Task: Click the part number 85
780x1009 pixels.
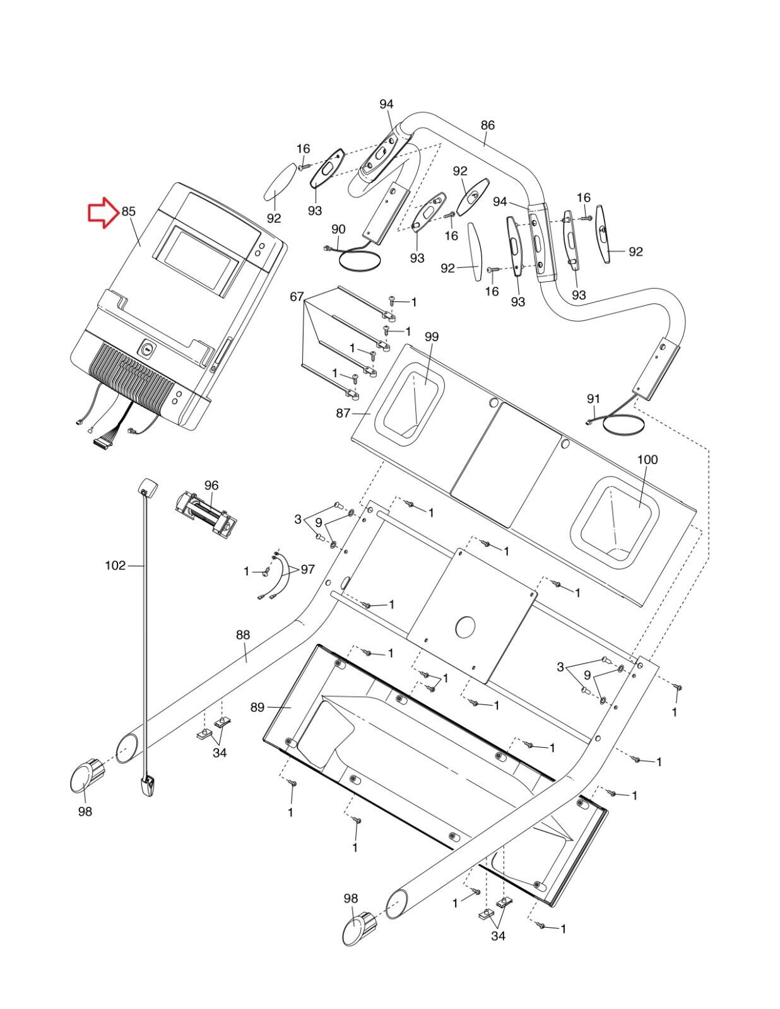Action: click(x=129, y=212)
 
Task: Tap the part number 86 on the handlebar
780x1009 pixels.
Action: click(x=487, y=125)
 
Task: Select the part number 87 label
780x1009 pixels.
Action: click(x=343, y=412)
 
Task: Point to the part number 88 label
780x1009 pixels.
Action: click(x=243, y=635)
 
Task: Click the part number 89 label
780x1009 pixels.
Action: click(x=257, y=707)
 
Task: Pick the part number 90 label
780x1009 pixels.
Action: click(x=338, y=229)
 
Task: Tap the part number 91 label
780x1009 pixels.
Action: click(x=593, y=399)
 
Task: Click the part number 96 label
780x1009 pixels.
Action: click(x=211, y=485)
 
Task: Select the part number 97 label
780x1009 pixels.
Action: click(x=307, y=569)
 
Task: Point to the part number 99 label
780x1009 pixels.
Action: click(x=432, y=337)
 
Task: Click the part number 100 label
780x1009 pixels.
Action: click(x=647, y=460)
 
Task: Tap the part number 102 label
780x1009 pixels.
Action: click(x=115, y=566)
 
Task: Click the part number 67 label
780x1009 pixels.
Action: click(x=297, y=296)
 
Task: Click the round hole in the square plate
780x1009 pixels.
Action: click(x=466, y=627)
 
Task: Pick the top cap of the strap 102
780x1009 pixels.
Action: click(x=147, y=487)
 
